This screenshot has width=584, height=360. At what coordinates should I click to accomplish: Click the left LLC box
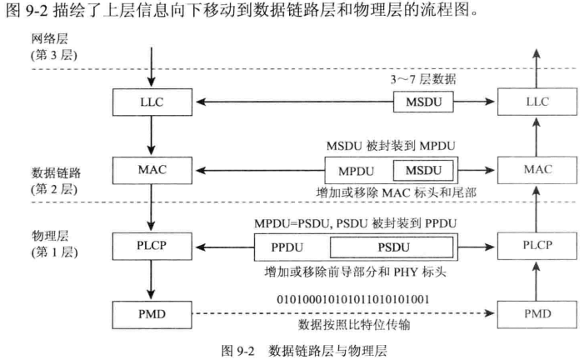151,102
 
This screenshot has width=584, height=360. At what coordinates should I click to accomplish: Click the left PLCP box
151,247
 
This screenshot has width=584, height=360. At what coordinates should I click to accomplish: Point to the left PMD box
151,315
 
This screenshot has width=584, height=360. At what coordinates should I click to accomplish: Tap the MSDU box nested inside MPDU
425,172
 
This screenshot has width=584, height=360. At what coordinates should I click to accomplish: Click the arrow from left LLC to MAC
151,136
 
